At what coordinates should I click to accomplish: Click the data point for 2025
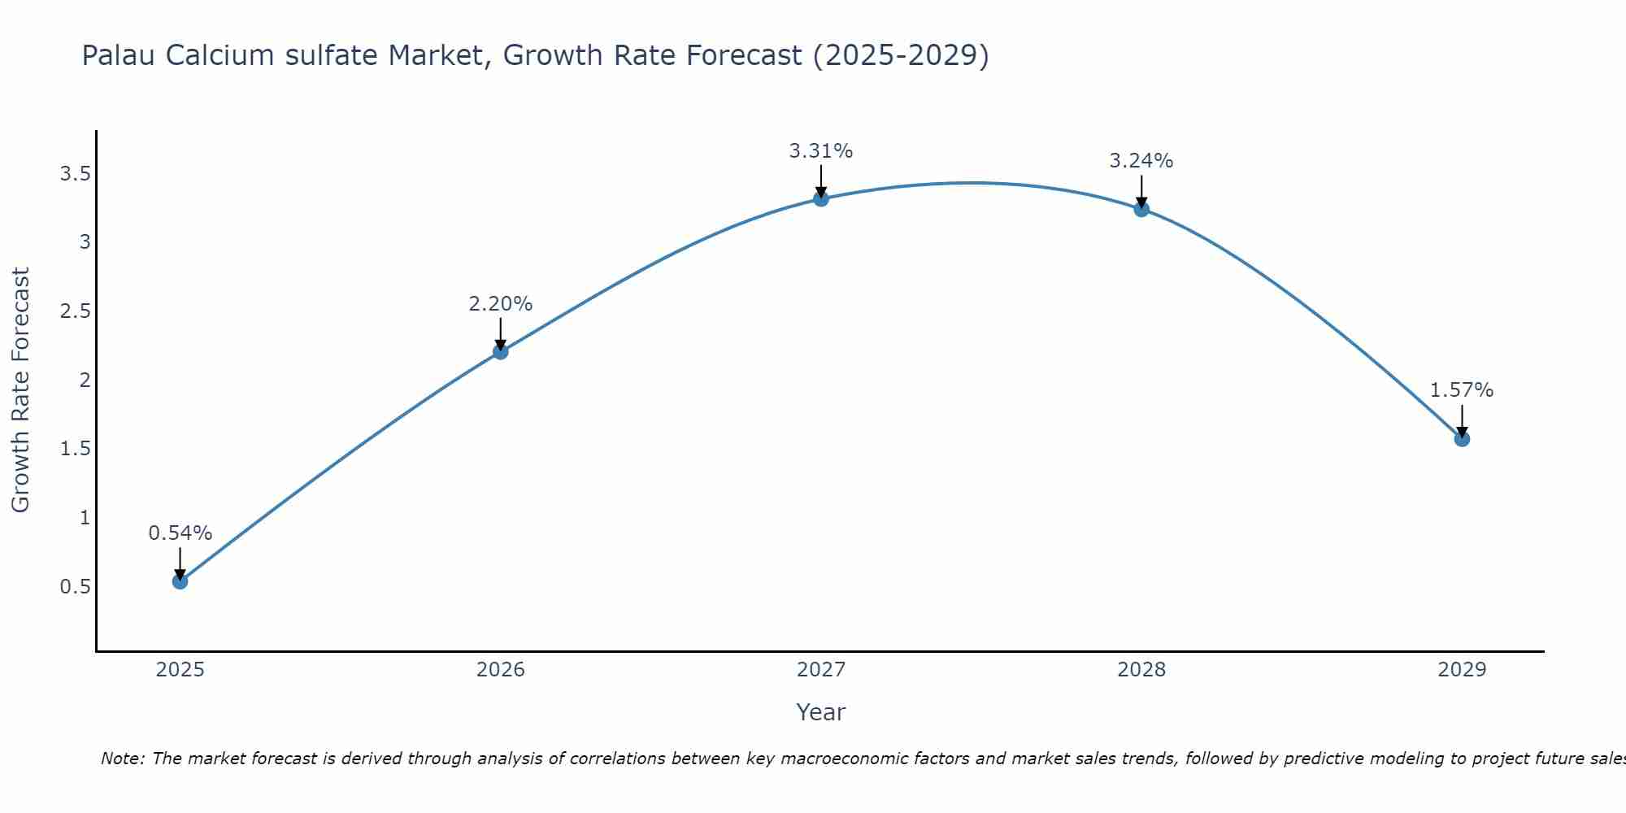pyautogui.click(x=180, y=581)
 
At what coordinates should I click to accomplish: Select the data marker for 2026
pyautogui.click(x=500, y=351)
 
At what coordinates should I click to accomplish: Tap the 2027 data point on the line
pyautogui.click(x=820, y=198)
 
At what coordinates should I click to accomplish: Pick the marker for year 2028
pyautogui.click(x=1141, y=209)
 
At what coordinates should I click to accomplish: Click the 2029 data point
pyautogui.click(x=1462, y=439)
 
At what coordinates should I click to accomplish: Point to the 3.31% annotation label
pyautogui.click(x=820, y=151)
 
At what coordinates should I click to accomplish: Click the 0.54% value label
pyautogui.click(x=180, y=533)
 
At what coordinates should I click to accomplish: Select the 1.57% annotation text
pyautogui.click(x=1462, y=390)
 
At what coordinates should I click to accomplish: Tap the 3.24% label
pyautogui.click(x=1141, y=161)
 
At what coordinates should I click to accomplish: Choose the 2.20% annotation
pyautogui.click(x=500, y=304)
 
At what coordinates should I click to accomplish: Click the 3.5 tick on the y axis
pyautogui.click(x=75, y=174)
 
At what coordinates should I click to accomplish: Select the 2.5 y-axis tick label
pyautogui.click(x=75, y=311)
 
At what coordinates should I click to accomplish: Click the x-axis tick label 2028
pyautogui.click(x=1141, y=670)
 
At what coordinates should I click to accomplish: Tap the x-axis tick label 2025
pyautogui.click(x=180, y=670)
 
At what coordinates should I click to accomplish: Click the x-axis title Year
pyautogui.click(x=820, y=712)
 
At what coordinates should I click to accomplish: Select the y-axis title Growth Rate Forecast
pyautogui.click(x=20, y=390)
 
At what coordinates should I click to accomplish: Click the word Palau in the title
pyautogui.click(x=120, y=56)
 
